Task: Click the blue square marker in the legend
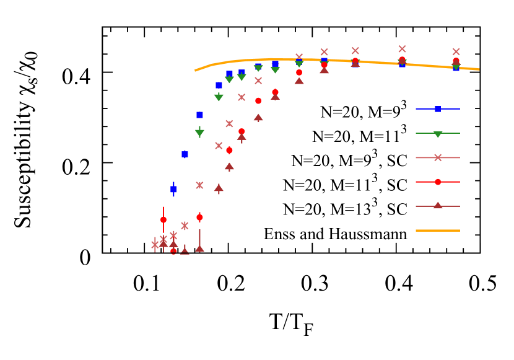438,109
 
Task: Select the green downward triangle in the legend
438,134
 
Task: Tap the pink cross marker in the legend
438,157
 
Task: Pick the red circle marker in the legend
438,182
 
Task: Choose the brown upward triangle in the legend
438,205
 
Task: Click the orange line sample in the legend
438,230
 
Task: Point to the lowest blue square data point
173,189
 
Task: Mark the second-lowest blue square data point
185,154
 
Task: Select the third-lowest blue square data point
199,115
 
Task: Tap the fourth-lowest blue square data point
219,85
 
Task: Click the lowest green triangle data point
199,133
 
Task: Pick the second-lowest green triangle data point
219,97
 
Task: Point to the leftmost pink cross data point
155,245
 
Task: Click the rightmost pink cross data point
456,51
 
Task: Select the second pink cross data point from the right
402,49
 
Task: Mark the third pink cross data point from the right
355,51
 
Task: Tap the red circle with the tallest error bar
163,219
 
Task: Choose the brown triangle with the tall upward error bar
199,248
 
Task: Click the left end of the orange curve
195,71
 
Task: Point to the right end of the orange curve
479,69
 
